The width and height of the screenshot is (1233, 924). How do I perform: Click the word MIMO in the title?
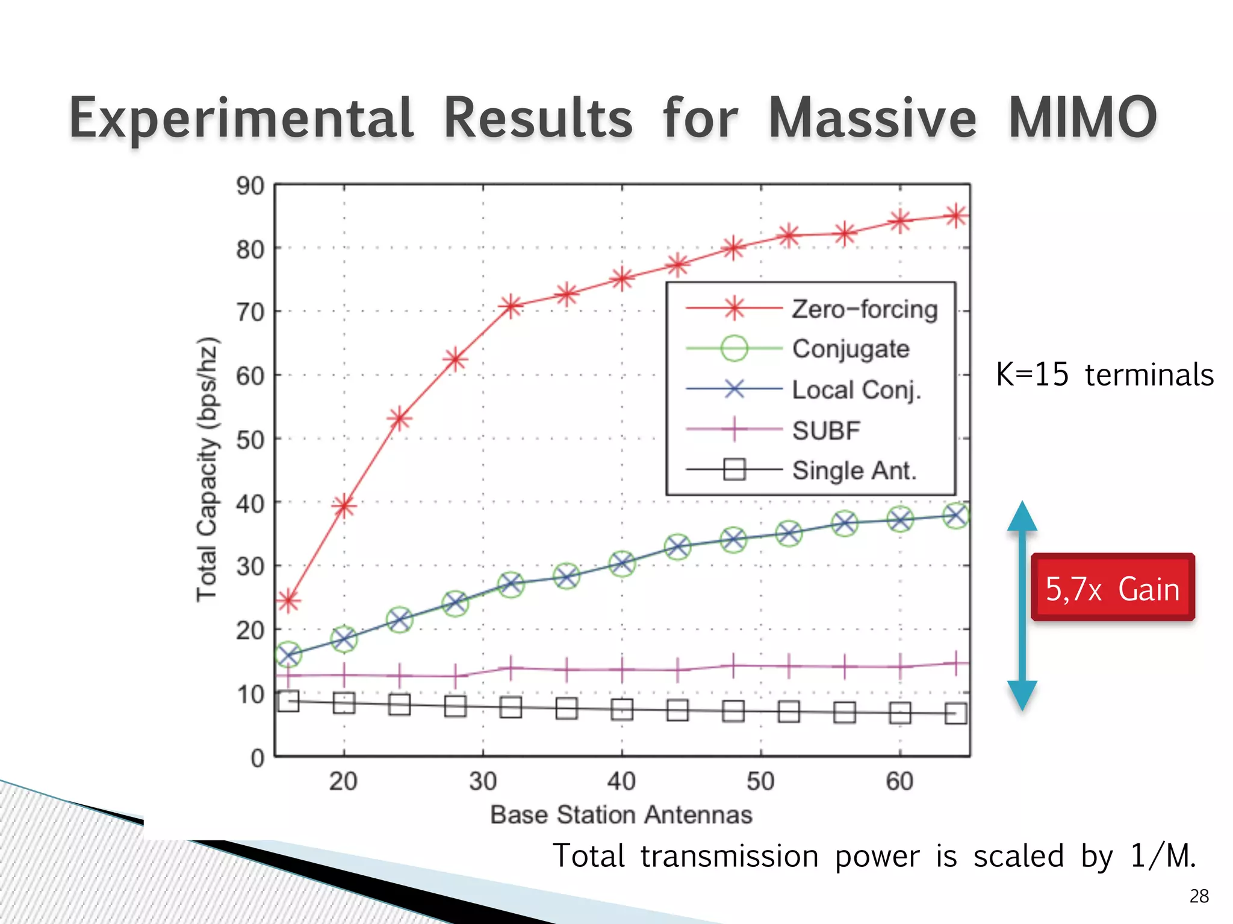tap(1082, 118)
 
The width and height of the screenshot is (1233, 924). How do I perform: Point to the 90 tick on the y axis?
tap(250, 186)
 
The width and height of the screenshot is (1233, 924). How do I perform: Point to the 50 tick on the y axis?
tap(250, 440)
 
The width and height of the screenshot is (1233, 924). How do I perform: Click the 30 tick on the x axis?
tap(483, 781)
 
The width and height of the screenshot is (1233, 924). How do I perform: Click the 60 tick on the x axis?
tap(899, 781)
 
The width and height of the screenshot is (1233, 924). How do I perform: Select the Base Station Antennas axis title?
tap(621, 815)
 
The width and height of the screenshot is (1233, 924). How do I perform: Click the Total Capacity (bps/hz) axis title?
tap(207, 469)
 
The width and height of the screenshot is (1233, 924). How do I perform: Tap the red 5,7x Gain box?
tap(1112, 588)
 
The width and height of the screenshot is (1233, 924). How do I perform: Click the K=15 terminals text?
tap(1104, 374)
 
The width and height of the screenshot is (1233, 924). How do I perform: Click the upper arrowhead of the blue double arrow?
tap(1022, 516)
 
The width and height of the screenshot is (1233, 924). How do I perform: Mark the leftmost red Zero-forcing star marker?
tap(288, 601)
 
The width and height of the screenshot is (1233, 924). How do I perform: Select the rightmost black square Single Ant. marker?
tap(955, 713)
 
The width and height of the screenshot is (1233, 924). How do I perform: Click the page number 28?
tap(1199, 896)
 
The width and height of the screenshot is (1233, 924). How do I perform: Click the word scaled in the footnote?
tap(1018, 855)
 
